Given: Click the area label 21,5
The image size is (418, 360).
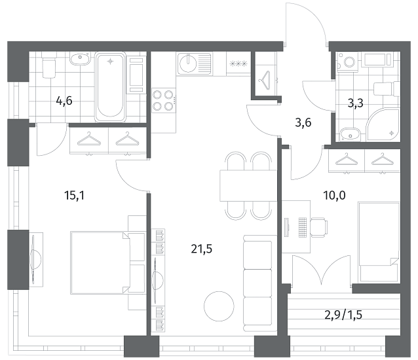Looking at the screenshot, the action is (x=202, y=249).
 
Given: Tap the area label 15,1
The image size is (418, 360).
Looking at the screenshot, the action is (x=75, y=196).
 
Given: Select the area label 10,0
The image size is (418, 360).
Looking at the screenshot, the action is (x=334, y=196).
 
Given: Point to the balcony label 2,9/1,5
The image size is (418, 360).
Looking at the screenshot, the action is (x=343, y=315).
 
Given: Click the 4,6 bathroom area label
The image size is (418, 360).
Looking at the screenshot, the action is (x=64, y=101).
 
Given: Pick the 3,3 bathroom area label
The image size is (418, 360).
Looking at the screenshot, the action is (x=355, y=103).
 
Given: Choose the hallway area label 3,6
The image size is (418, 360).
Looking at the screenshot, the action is (x=303, y=123).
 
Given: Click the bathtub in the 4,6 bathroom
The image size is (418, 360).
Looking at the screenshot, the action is (x=110, y=86).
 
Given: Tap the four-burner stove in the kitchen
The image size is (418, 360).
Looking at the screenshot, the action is (x=164, y=100).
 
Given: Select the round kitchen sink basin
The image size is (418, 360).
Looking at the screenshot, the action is (x=188, y=63).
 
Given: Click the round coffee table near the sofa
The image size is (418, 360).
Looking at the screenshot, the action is (x=219, y=306).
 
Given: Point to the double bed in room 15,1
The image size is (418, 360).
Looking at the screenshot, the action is (x=108, y=263).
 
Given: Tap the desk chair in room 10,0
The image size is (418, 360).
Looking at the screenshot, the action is (x=319, y=227).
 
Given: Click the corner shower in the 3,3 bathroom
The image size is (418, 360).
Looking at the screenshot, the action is (x=383, y=124).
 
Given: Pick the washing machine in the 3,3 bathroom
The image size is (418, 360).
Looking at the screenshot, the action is (x=349, y=62).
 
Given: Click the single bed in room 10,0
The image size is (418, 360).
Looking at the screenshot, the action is (x=379, y=242).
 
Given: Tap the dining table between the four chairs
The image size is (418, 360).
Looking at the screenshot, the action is (x=248, y=186).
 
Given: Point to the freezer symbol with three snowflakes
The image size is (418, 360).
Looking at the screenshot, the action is (x=238, y=63).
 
